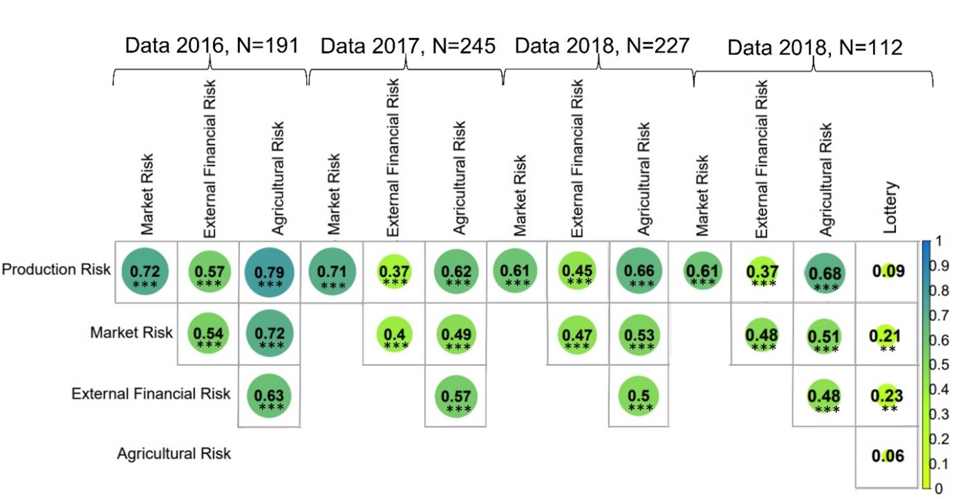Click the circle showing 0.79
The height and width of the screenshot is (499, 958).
tap(270, 271)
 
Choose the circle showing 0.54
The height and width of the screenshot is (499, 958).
tap(208, 334)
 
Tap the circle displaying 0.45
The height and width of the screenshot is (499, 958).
tap(578, 271)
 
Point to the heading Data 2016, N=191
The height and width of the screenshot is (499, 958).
tap(211, 46)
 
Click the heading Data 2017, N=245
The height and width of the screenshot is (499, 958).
tap(408, 46)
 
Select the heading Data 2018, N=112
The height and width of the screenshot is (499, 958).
tap(815, 47)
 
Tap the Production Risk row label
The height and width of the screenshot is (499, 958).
tap(56, 270)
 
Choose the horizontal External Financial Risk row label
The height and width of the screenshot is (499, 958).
tap(151, 394)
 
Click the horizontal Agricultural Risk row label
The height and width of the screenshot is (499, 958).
tap(173, 454)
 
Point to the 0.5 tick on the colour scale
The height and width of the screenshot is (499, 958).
tap(942, 365)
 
